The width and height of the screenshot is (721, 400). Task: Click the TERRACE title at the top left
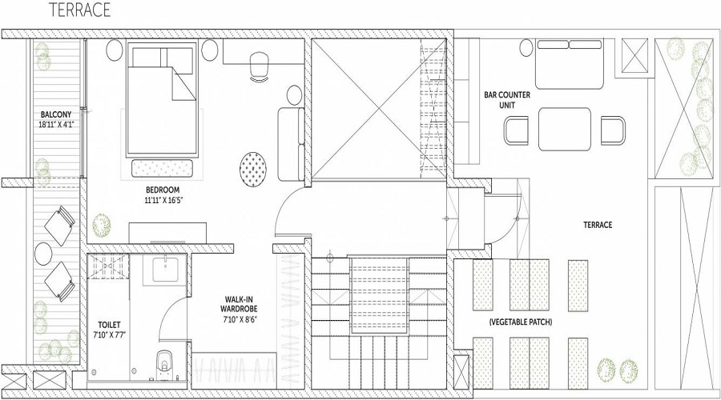(x=80, y=10)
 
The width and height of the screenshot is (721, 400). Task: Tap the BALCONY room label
(x=56, y=114)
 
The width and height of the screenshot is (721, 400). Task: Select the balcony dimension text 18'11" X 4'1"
(x=57, y=124)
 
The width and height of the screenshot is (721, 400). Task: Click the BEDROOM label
(x=163, y=190)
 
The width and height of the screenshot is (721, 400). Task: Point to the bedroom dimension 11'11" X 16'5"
(x=163, y=200)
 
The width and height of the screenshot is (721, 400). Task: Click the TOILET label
(x=110, y=325)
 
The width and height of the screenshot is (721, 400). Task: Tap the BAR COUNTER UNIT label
(x=507, y=100)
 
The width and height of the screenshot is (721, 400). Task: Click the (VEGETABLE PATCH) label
(x=521, y=322)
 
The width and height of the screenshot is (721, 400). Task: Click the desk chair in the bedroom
(x=260, y=66)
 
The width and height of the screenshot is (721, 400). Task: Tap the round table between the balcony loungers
(x=44, y=254)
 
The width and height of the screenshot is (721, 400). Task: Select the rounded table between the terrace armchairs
(x=565, y=129)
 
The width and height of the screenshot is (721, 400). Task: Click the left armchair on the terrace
(x=517, y=131)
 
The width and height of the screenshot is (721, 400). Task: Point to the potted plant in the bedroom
(x=102, y=225)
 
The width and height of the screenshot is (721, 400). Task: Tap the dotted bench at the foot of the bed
(x=163, y=168)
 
